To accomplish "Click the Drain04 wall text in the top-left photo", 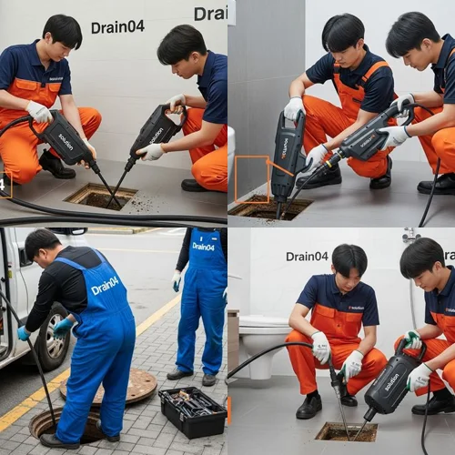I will [x=117, y=26].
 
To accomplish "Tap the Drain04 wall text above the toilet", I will [x=307, y=256].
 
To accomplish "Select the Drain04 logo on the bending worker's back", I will [x=105, y=286].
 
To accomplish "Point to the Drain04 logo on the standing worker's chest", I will [x=203, y=247].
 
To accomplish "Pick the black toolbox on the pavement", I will [x=192, y=411].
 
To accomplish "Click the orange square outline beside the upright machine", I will [x=251, y=178].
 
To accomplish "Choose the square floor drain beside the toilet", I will [x=346, y=431].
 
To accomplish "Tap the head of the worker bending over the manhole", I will [x=42, y=246].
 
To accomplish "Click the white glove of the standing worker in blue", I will [x=177, y=280].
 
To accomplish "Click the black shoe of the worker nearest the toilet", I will [x=309, y=405].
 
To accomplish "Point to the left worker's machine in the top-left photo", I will [x=64, y=138].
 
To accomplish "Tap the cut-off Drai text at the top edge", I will [x=210, y=13].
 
